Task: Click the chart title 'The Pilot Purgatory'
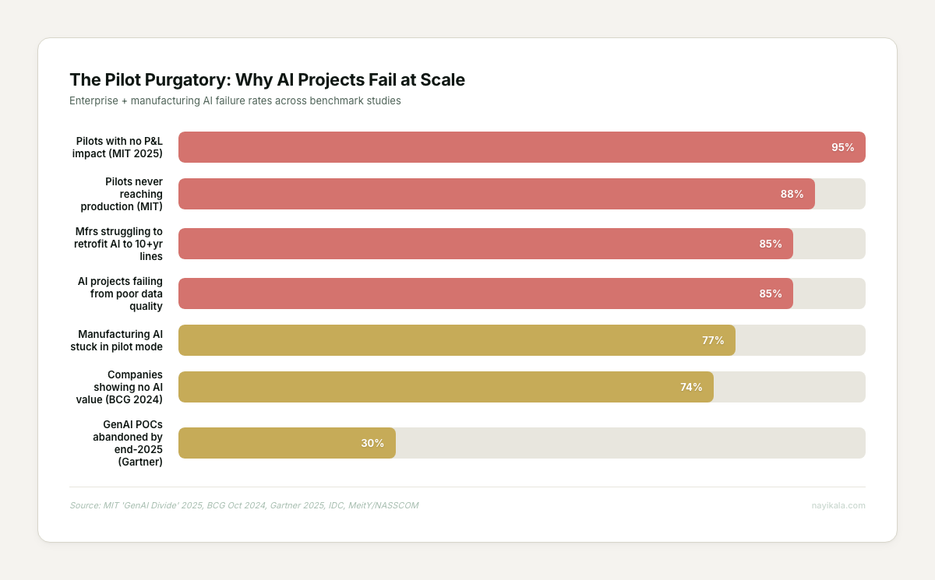267,79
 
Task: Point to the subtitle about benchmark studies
235,101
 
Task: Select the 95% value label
842,147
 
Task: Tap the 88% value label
792,194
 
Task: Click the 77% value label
713,340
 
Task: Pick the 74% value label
691,387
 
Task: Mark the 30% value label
372,443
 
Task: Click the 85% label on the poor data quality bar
770,294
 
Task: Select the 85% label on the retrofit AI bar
770,244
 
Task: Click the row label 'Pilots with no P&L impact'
118,147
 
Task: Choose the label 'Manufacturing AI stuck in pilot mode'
120,340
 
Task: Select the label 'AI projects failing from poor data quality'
120,294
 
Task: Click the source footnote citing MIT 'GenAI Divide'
244,505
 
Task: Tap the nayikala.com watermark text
838,505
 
